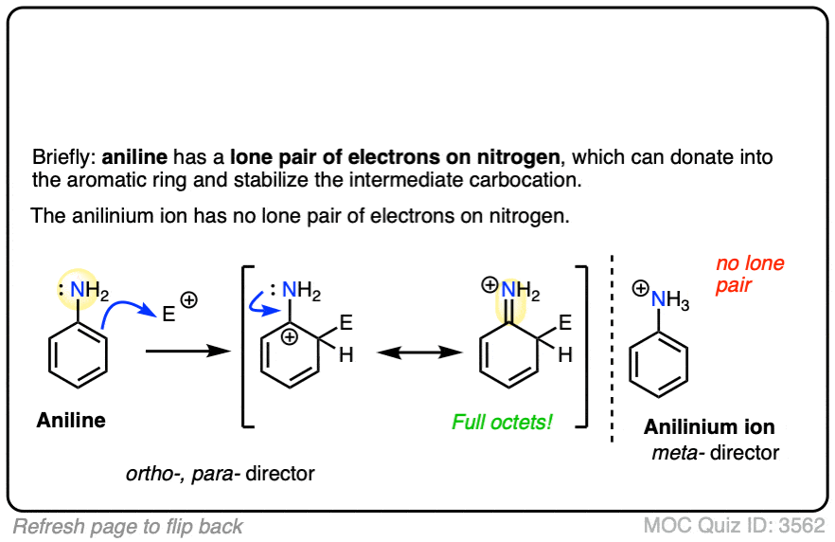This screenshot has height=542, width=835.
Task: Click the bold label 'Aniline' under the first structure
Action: [71, 420]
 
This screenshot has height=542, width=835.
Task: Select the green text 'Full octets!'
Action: [502, 422]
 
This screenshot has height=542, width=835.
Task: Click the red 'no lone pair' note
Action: [750, 274]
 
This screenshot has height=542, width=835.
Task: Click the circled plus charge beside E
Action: [188, 299]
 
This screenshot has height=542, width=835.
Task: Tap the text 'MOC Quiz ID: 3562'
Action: [734, 526]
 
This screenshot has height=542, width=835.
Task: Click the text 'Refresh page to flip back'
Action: [128, 527]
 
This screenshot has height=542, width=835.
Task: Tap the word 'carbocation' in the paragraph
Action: [519, 180]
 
